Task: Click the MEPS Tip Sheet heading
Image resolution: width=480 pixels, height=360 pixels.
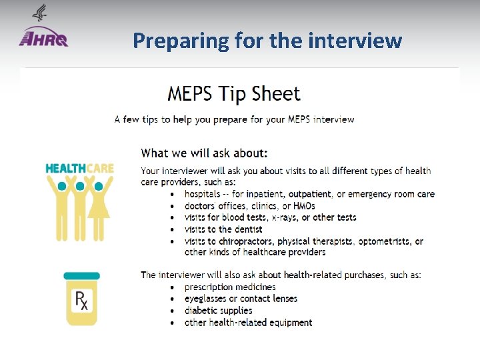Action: tap(233, 94)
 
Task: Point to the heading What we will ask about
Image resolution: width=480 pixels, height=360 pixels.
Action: tap(205, 153)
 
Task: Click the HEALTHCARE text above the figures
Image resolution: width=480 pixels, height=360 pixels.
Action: tap(79, 169)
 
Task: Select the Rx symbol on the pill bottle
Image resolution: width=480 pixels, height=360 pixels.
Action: tap(81, 303)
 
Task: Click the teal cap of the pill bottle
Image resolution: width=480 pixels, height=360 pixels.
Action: tap(82, 275)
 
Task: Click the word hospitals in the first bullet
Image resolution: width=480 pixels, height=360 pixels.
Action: tap(203, 194)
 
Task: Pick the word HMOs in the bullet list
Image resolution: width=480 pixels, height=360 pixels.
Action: tap(302, 206)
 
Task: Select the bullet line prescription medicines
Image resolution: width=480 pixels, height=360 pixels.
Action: tap(230, 287)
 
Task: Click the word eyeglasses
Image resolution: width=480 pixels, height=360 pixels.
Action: tap(207, 299)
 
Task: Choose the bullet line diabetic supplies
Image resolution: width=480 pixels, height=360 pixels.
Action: tap(219, 311)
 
